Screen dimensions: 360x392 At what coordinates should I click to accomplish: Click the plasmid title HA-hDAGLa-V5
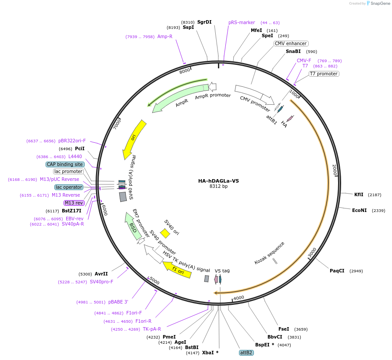(218, 180)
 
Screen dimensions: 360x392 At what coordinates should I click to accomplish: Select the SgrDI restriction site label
(204, 22)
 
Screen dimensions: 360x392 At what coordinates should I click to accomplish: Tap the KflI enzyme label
(359, 194)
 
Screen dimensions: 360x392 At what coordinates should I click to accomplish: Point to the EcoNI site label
(359, 210)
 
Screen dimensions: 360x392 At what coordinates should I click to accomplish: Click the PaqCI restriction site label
(337, 271)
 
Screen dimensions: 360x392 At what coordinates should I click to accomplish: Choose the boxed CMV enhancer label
(291, 43)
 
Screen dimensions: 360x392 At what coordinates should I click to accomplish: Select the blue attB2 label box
(246, 352)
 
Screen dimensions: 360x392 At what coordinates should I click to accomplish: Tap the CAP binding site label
(65, 164)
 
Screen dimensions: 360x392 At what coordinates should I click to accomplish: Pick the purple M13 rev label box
(73, 203)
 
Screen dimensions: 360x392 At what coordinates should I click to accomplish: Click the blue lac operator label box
(69, 187)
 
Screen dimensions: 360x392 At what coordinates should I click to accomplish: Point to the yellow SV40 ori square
(165, 233)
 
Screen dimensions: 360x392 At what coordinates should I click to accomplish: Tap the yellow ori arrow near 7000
(133, 139)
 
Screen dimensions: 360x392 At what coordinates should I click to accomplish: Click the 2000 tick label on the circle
(334, 169)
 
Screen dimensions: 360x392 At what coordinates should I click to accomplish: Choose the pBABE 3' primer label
(118, 302)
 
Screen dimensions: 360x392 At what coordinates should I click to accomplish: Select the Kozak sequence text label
(269, 253)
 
